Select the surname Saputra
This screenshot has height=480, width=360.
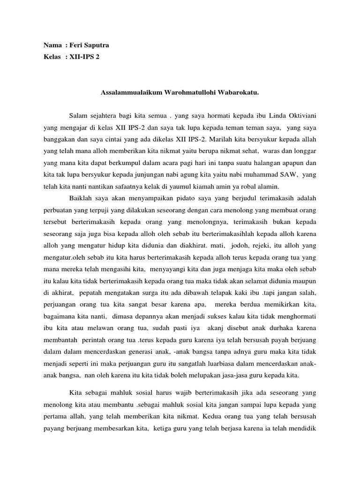pyautogui.click(x=99, y=45)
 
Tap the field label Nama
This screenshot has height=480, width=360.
pyautogui.click(x=52, y=45)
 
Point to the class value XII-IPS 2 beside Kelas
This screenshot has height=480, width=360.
pyautogui.click(x=84, y=57)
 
